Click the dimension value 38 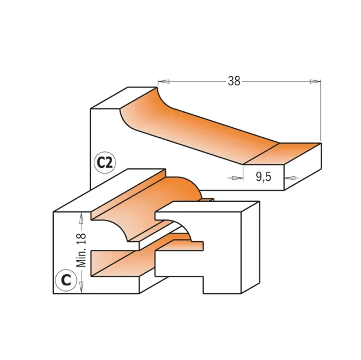click(234, 81)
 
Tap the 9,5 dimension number click(263, 177)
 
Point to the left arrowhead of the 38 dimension click(161, 81)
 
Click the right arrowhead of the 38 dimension click(316, 81)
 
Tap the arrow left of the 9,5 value click(233, 177)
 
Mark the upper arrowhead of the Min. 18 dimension click(82, 215)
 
